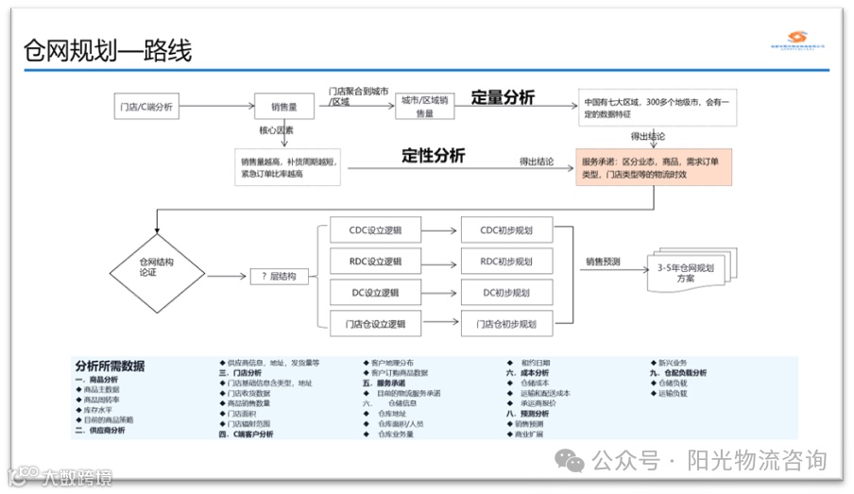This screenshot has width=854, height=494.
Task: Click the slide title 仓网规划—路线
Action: (x=108, y=51)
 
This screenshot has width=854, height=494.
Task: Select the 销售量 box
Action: (x=283, y=107)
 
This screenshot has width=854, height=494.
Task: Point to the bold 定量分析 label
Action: (x=503, y=97)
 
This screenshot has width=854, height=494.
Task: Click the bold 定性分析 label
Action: (x=434, y=156)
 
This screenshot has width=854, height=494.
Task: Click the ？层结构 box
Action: (x=279, y=276)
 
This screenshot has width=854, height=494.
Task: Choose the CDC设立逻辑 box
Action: (x=374, y=230)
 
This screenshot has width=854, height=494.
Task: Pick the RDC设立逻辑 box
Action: (x=374, y=261)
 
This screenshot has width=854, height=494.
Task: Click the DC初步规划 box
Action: (x=505, y=292)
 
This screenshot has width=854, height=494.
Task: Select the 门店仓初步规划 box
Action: (x=505, y=324)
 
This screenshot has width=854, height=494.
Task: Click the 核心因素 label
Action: (x=276, y=131)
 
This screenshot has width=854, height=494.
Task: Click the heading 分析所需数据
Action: (x=110, y=366)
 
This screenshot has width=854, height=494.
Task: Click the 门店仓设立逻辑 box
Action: (x=374, y=324)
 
